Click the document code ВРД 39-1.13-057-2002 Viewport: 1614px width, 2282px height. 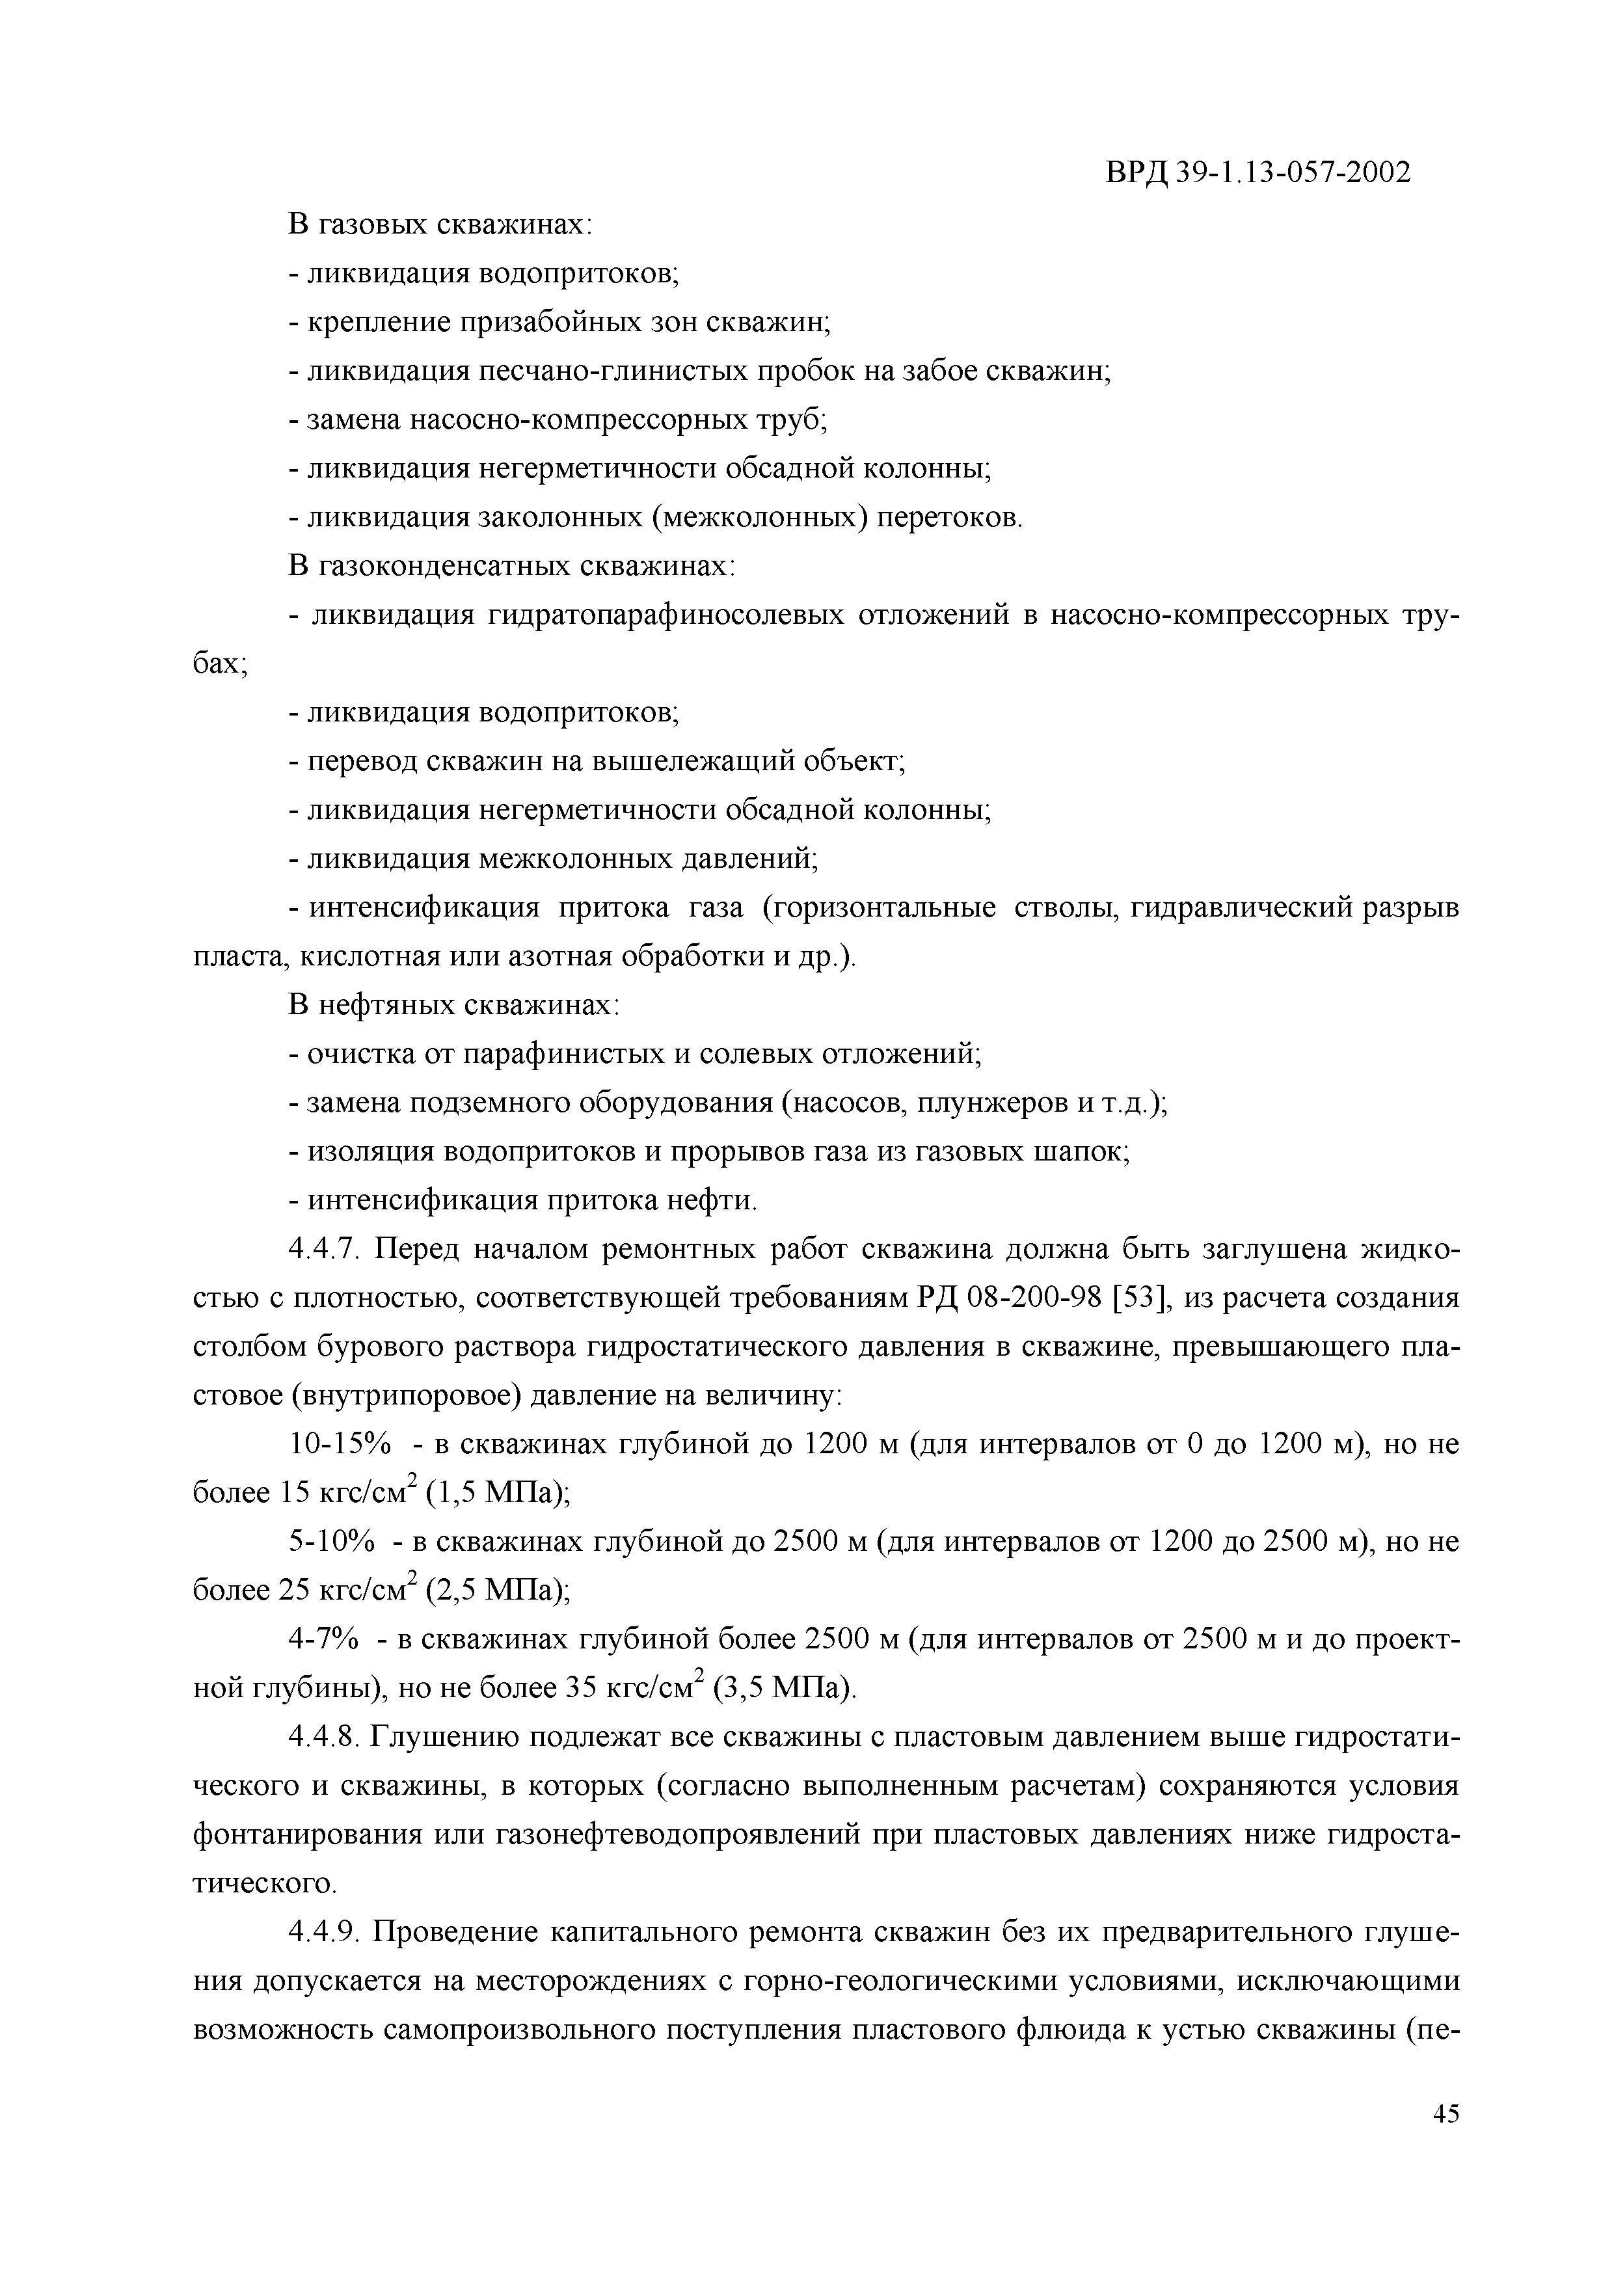click(1258, 174)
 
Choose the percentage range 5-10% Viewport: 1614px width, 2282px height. click(332, 1542)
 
